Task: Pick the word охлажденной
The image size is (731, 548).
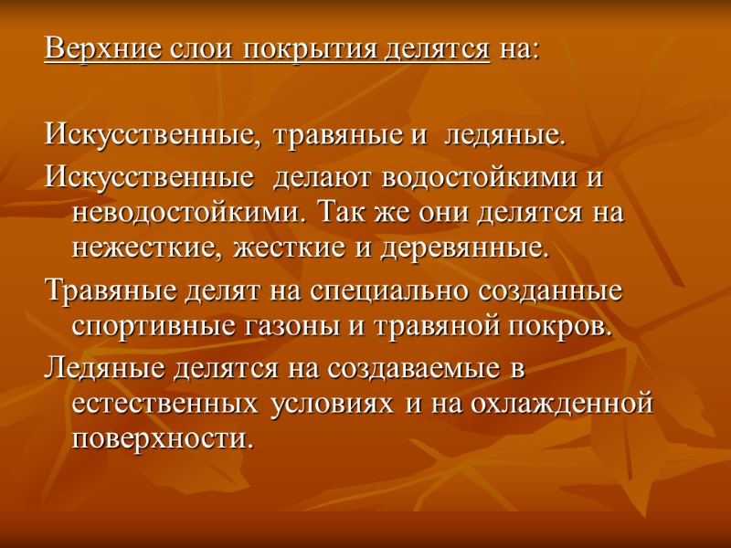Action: (x=561, y=403)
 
